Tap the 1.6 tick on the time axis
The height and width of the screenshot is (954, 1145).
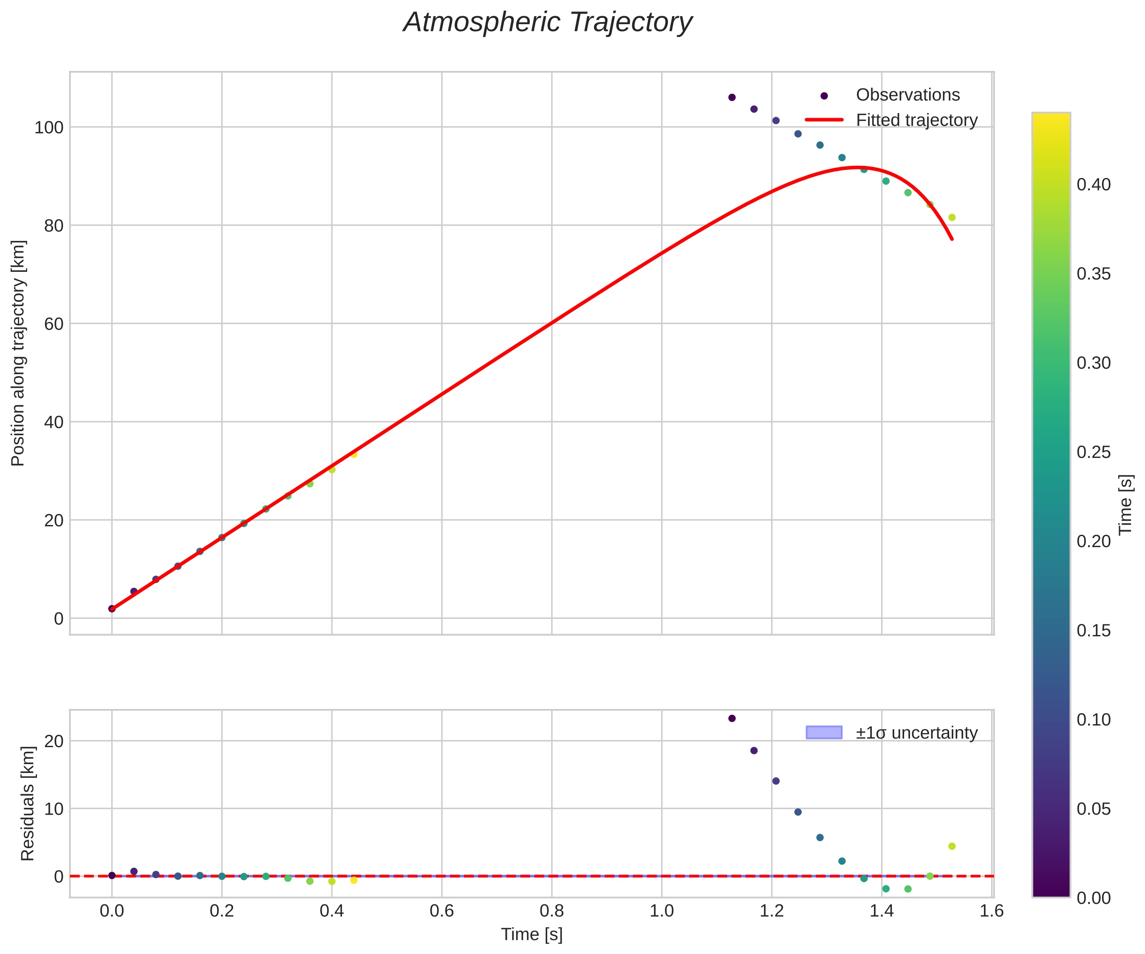pyautogui.click(x=991, y=911)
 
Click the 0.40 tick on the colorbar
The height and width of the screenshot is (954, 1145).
pyautogui.click(x=1094, y=185)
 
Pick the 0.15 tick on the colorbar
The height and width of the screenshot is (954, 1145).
pyautogui.click(x=1094, y=631)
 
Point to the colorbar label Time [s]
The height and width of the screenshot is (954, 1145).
pyautogui.click(x=1126, y=504)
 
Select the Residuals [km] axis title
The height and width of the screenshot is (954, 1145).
pyautogui.click(x=27, y=804)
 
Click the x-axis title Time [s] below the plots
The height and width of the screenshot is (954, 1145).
pyautogui.click(x=532, y=934)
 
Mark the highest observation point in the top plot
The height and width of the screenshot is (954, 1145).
pyautogui.click(x=732, y=97)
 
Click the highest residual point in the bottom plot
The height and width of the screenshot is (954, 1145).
pyautogui.click(x=732, y=719)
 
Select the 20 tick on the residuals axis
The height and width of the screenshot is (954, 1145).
pyautogui.click(x=53, y=741)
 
